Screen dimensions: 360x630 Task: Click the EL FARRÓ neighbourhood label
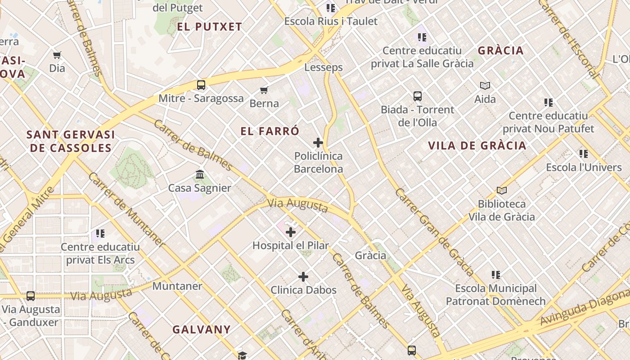click(x=270, y=131)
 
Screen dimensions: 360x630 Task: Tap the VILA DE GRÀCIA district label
click(x=477, y=145)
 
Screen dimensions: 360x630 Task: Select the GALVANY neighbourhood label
click(x=202, y=329)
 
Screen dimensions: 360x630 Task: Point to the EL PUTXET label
click(x=210, y=27)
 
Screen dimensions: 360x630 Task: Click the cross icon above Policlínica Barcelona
click(x=318, y=143)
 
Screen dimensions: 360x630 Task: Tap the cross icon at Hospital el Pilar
click(x=291, y=232)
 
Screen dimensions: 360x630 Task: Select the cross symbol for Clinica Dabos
click(x=303, y=276)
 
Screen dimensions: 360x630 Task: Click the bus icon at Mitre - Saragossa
click(x=201, y=85)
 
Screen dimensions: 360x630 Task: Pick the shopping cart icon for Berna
click(x=264, y=90)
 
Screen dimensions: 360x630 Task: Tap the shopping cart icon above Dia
click(x=57, y=55)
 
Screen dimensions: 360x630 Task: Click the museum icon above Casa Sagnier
click(x=200, y=174)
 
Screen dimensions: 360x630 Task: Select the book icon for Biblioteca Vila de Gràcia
click(x=502, y=190)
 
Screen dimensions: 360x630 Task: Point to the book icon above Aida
click(x=485, y=85)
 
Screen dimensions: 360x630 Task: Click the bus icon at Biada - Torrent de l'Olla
click(x=418, y=96)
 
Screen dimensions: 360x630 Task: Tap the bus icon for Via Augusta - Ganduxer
click(x=31, y=296)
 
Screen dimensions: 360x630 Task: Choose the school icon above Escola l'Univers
click(x=584, y=154)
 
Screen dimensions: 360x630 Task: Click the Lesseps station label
click(x=324, y=67)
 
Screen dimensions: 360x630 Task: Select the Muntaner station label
click(x=177, y=286)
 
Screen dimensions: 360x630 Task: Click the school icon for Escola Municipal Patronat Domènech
click(x=496, y=274)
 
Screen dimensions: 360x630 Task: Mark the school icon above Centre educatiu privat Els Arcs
click(x=100, y=233)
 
